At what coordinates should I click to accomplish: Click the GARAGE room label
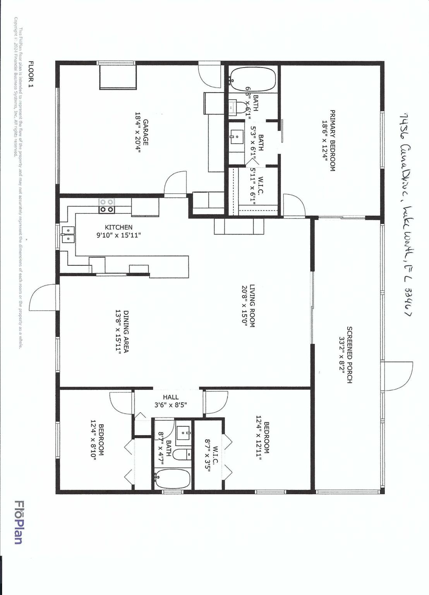pos(146,132)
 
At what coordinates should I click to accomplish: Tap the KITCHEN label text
pos(118,227)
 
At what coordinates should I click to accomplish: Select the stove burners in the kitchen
pos(107,206)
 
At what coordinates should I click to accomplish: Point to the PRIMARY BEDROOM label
pos(332,141)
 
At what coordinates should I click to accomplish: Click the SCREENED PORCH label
pos(349,355)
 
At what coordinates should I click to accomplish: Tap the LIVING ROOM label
pos(252,306)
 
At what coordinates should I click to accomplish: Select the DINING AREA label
pos(126,331)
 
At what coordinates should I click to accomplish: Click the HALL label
pos(171,397)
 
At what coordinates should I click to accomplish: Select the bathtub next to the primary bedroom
pos(252,79)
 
